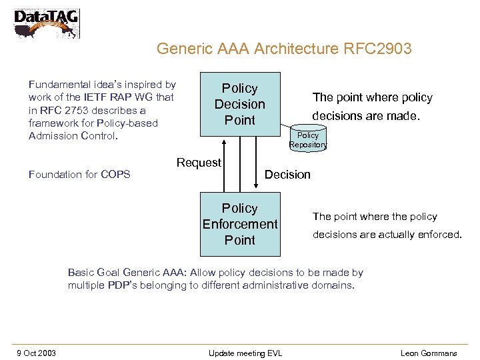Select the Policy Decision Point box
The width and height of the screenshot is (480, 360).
[x=240, y=104]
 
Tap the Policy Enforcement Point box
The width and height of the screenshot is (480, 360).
[x=240, y=224]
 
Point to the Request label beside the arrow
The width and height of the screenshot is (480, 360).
[x=199, y=163]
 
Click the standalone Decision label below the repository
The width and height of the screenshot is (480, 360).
[x=287, y=175]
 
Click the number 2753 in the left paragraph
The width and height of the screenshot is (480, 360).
[x=73, y=110]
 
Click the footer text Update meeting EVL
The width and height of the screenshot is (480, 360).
[x=245, y=353]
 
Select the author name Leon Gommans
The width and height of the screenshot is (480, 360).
[x=429, y=353]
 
